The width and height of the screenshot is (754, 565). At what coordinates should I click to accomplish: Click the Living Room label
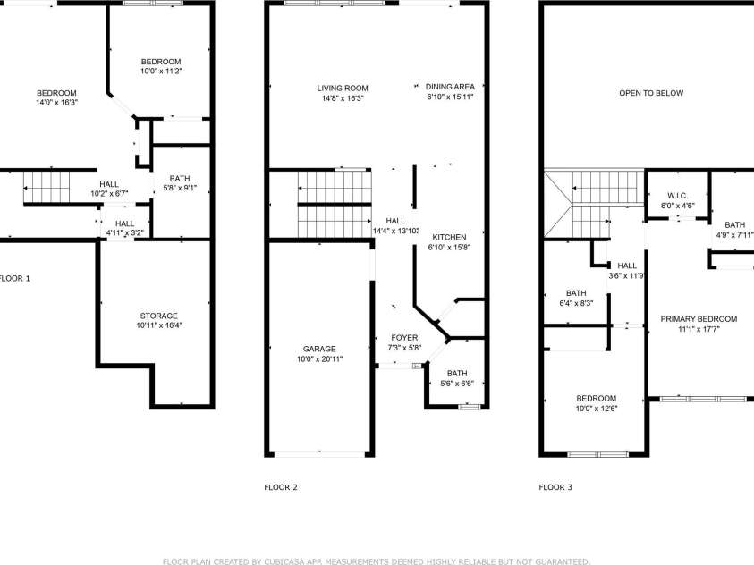(x=342, y=88)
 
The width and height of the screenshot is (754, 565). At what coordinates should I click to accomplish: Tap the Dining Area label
(x=450, y=87)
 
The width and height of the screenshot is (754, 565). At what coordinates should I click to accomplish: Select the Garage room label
(x=318, y=349)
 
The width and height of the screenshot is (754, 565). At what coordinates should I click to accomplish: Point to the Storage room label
(x=158, y=316)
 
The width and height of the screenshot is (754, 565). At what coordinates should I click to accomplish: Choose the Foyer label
(x=403, y=337)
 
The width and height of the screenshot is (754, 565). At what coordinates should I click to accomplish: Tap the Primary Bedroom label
(x=699, y=319)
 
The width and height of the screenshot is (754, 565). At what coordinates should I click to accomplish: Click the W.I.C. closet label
(x=677, y=196)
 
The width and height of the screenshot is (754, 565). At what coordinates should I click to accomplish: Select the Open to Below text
(x=651, y=93)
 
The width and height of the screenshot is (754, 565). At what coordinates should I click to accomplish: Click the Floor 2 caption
(x=280, y=487)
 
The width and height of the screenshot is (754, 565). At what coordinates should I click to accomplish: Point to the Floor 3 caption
(x=555, y=487)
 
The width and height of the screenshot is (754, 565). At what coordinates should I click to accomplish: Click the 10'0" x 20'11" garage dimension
(x=318, y=358)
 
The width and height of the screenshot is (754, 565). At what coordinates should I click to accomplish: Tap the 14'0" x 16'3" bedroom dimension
(x=56, y=103)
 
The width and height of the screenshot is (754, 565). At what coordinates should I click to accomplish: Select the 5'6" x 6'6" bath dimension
(x=457, y=384)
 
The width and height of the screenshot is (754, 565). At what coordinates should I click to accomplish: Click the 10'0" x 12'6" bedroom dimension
(x=596, y=409)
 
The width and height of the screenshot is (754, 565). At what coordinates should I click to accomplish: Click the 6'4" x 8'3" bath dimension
(x=576, y=304)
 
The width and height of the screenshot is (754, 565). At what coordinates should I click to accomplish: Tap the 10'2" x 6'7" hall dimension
(x=109, y=194)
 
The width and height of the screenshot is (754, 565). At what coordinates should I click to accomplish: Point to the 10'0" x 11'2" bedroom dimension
(x=162, y=71)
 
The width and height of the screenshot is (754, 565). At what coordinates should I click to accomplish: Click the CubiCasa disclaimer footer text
(x=376, y=561)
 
